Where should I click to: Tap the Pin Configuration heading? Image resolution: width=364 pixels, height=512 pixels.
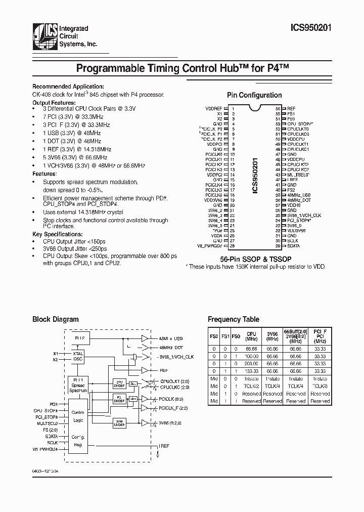tap(254, 95)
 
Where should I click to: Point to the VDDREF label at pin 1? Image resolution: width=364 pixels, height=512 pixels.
tap(214, 109)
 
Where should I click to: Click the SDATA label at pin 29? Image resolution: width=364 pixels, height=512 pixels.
tap(293, 246)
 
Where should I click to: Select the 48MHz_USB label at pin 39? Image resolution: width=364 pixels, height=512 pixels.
tap(299, 195)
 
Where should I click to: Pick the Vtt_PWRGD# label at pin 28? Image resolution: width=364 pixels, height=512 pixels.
tap(210, 246)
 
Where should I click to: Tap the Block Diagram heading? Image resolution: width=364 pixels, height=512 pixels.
tap(56, 319)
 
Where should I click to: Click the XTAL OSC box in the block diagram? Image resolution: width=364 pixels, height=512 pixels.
tap(78, 356)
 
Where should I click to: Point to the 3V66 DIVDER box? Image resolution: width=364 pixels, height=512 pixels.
tap(119, 423)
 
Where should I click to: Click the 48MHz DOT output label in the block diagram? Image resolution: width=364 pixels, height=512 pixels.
tap(171, 347)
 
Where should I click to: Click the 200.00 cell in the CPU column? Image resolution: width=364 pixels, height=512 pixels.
tap(251, 363)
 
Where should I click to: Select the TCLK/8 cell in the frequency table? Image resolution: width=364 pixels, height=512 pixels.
tap(320, 386)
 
